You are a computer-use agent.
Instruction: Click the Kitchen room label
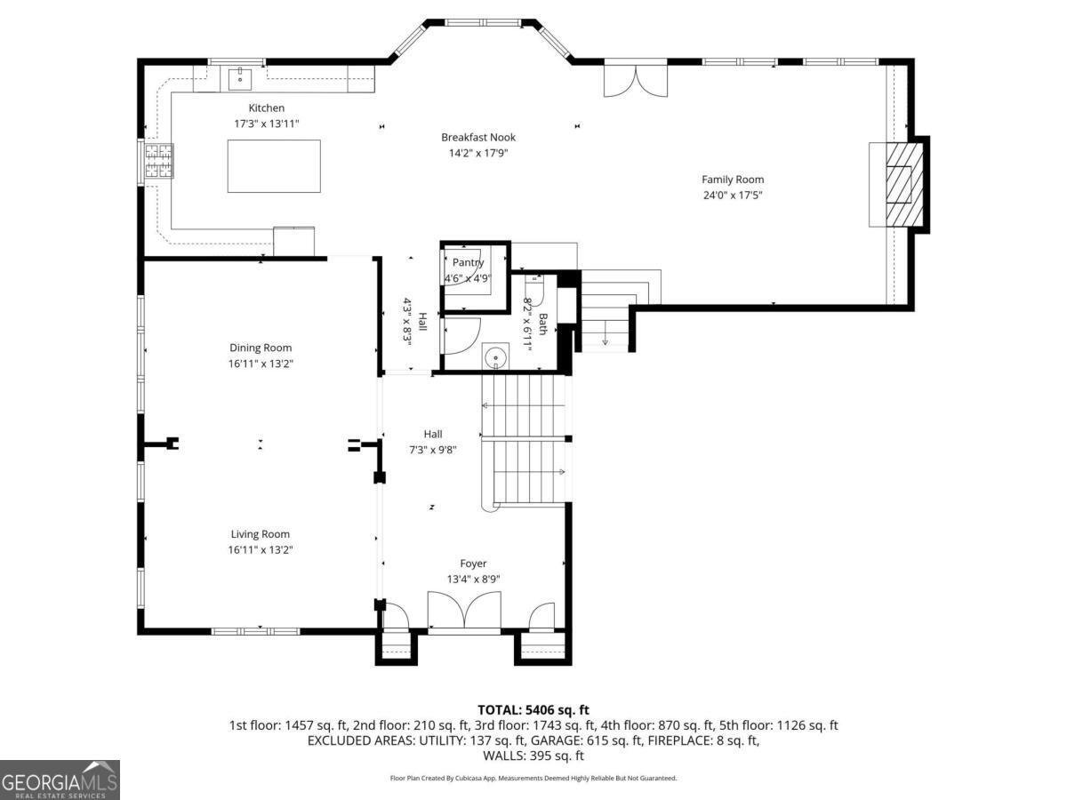(266, 108)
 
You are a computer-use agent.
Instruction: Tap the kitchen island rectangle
(274, 166)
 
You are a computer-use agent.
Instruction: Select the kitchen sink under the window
(238, 79)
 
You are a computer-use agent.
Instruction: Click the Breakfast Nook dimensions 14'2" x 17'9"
(478, 153)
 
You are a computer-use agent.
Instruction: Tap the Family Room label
(733, 180)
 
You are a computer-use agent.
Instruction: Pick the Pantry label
(468, 262)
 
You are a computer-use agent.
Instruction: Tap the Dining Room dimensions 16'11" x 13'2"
(261, 364)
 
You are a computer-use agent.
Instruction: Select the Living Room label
(261, 534)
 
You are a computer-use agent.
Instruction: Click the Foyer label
(473, 564)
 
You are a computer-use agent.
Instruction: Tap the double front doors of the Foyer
(464, 613)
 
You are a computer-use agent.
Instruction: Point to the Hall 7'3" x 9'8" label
(433, 442)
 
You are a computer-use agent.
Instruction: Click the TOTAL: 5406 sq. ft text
(533, 709)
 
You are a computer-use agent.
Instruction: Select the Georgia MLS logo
(60, 780)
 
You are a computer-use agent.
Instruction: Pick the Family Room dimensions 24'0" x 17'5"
(733, 195)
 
